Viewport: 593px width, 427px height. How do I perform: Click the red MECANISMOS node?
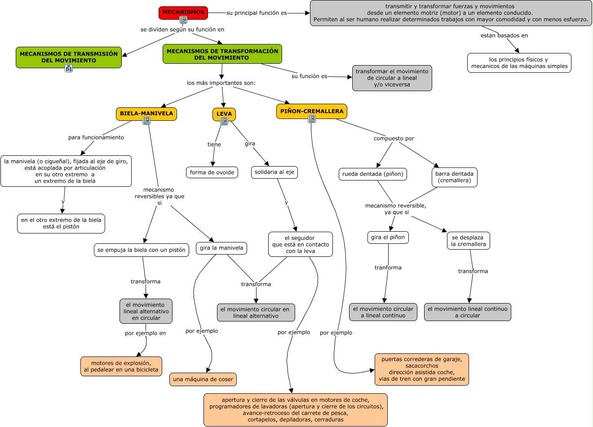pos(183,13)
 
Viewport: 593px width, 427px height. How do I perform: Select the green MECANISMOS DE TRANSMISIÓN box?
pos(69,57)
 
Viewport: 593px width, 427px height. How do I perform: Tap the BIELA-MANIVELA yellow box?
pos(146,114)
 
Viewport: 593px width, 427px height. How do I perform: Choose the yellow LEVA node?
pos(224,114)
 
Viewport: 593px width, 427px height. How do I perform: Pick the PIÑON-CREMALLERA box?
pos(312,111)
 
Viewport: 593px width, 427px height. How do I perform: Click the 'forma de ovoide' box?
pos(212,172)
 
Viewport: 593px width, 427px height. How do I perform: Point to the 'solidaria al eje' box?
pos(274,172)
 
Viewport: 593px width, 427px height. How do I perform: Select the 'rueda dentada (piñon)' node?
pos(373,174)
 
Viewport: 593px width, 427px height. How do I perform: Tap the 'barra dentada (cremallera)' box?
pos(454,177)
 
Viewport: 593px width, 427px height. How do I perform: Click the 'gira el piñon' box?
pos(388,237)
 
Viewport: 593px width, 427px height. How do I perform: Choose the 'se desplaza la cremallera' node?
pos(468,241)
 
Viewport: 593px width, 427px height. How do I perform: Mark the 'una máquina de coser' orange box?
pos(203,379)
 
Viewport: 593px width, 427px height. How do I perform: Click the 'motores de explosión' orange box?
pos(121,366)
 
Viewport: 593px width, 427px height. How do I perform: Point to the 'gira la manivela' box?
pos(221,248)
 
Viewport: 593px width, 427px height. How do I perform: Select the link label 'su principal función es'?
pos(257,13)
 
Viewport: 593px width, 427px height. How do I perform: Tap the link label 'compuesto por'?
pos(394,138)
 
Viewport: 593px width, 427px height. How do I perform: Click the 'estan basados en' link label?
pos(504,35)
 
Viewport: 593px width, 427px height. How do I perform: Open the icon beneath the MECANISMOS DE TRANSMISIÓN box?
pos(69,68)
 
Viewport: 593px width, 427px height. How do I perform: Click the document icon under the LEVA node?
pos(224,121)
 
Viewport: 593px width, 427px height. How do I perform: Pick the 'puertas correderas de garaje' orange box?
pos(422,369)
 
